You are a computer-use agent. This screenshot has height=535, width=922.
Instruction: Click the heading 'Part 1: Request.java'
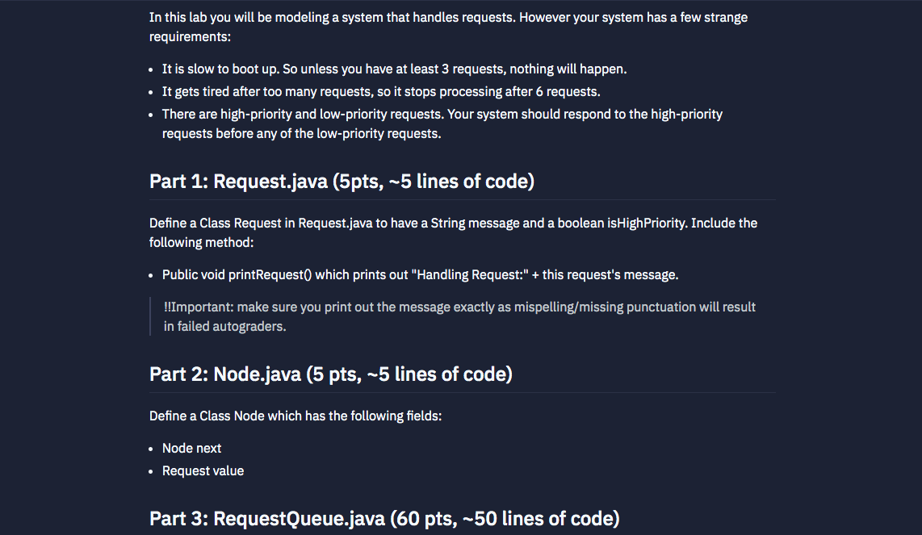point(239,181)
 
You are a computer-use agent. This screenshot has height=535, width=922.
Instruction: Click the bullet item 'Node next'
point(192,448)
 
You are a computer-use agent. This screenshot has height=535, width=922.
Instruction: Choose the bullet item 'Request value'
point(203,470)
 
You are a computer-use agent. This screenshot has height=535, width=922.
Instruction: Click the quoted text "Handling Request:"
point(470,274)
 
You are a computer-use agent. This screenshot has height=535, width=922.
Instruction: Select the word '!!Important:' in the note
point(199,307)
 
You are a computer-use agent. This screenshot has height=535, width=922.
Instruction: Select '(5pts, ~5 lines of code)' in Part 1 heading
point(432,181)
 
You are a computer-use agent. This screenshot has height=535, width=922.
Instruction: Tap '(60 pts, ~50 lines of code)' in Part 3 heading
point(505,518)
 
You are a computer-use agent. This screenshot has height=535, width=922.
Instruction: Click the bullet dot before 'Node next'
point(153,449)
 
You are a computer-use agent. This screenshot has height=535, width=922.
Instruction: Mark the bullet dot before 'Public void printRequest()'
point(153,275)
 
